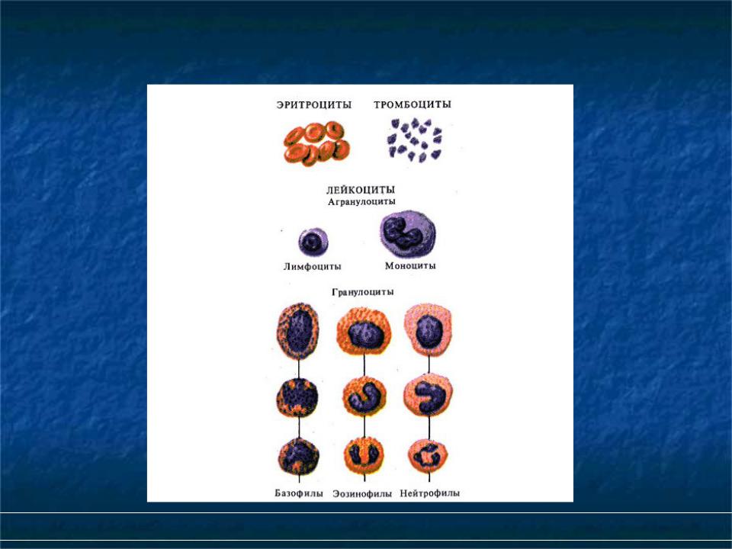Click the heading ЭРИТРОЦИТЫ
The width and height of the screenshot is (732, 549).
313,104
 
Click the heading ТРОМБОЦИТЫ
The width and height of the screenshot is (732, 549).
413,104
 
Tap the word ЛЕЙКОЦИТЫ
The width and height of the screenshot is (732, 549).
361,190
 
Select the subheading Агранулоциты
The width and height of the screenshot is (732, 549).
361,201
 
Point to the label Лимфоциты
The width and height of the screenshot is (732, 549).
313,267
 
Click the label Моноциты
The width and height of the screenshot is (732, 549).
410,265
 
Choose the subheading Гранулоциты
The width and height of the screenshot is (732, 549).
363,292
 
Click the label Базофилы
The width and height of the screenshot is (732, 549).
299,493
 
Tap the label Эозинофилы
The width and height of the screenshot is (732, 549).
362,493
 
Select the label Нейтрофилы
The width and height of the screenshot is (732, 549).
430,493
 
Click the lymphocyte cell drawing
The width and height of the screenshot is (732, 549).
313,242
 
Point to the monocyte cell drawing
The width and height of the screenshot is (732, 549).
407,234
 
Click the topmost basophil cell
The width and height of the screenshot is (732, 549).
298,330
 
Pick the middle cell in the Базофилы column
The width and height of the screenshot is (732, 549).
297,397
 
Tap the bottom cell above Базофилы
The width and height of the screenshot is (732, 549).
299,456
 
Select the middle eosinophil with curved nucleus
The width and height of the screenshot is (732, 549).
364,396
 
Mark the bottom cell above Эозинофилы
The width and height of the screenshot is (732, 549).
364,455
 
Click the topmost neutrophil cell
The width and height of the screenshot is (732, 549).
429,329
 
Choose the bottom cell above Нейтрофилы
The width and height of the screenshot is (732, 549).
428,456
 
